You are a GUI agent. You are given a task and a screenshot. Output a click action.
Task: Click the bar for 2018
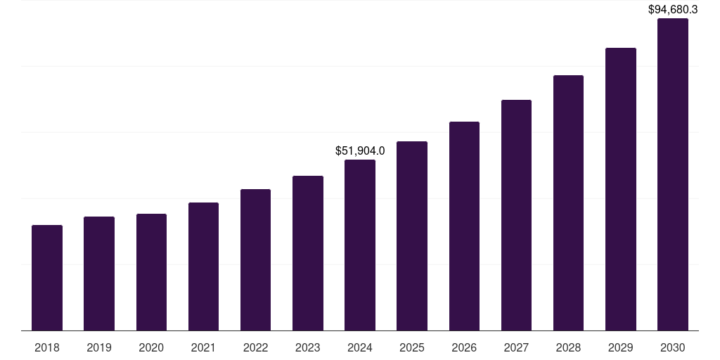47,278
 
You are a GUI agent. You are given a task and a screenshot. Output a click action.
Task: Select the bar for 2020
151,272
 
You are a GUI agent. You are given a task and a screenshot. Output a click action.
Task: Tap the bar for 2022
255,260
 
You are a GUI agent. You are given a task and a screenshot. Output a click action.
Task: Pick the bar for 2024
360,245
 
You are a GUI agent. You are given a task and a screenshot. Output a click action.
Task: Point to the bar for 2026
464,226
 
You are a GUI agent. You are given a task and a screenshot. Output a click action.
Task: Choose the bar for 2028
568,203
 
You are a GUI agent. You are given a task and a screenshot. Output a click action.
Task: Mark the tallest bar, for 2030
673,174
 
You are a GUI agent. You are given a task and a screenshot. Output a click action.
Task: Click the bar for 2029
621,189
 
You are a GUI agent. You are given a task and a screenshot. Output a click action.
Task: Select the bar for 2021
203,266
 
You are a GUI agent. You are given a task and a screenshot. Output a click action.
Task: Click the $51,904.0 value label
360,150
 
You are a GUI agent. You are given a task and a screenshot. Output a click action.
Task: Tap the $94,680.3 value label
673,9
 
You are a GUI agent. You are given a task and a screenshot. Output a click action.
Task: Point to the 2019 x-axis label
99,347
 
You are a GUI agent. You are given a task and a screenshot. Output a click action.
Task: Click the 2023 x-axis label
308,347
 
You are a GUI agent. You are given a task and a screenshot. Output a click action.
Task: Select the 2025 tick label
412,347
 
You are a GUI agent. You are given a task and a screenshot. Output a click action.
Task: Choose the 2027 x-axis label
516,347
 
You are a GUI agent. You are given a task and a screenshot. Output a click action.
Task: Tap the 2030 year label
673,347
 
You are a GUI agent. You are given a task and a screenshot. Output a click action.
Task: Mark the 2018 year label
47,347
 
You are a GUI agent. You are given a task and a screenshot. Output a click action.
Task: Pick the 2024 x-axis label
360,347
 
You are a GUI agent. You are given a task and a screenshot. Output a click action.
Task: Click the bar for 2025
412,236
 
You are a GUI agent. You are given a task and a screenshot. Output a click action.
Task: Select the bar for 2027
516,215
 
